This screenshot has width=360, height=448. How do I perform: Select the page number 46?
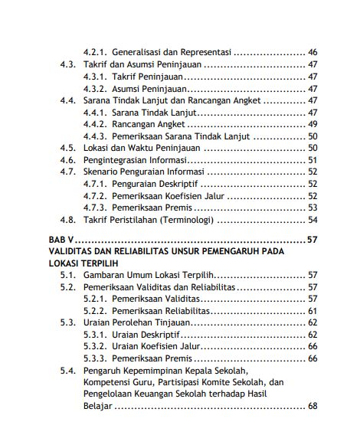[312, 53]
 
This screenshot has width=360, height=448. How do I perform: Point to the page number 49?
[312, 124]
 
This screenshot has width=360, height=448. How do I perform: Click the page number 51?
[312, 161]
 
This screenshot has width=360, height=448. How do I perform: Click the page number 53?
[312, 208]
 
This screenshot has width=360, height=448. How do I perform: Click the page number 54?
[312, 220]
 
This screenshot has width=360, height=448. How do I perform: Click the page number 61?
[312, 311]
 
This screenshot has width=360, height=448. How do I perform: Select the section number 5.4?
[67, 370]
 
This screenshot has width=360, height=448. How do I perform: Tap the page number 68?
[312, 405]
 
